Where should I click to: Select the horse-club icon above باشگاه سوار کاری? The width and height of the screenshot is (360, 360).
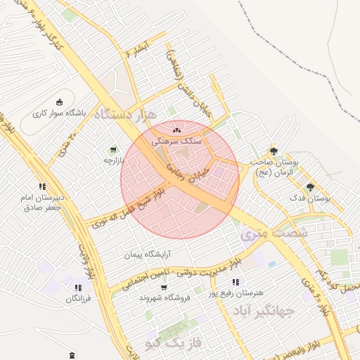click(59, 101)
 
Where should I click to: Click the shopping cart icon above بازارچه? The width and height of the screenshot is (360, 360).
click(113, 149)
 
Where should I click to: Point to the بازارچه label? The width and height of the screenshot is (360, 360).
click(113, 160)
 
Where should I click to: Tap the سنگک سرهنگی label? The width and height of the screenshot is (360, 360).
click(181, 141)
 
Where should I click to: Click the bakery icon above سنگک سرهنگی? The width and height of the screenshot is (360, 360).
click(176, 129)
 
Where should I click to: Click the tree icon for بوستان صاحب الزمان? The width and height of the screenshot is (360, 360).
click(274, 150)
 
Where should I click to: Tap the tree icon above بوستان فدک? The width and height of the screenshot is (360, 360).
click(310, 187)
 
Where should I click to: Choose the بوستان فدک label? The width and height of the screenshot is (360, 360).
click(310, 199)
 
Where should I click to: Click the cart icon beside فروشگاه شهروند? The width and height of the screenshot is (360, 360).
click(163, 288)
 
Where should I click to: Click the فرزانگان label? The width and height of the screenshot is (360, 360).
click(79, 299)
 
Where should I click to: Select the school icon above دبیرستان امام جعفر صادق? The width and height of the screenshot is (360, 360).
click(42, 186)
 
